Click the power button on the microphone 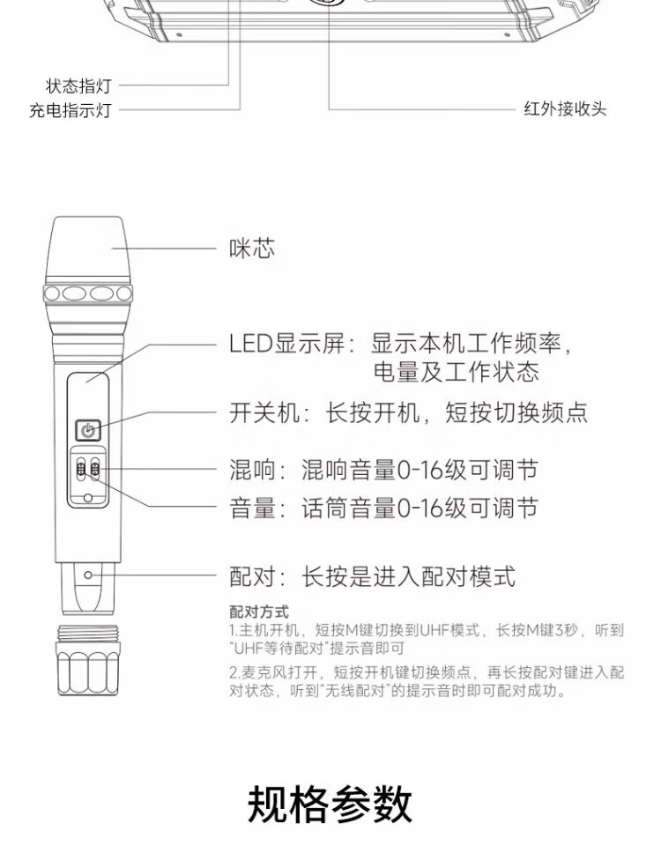click(86, 430)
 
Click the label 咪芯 click(252, 249)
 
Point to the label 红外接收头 click(565, 109)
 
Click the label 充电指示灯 click(71, 111)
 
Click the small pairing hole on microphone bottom click(88, 575)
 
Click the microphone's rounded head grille click(87, 251)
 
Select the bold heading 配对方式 click(258, 612)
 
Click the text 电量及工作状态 click(456, 372)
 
